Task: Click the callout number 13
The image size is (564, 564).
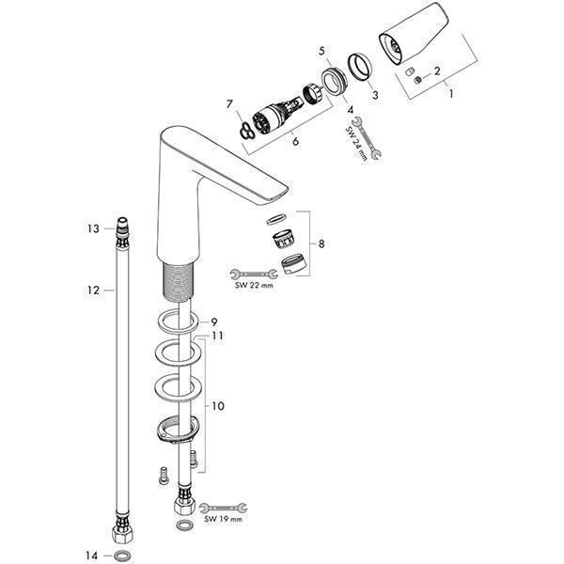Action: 93,228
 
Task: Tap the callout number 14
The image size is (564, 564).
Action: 92,556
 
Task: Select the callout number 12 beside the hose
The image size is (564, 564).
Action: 93,290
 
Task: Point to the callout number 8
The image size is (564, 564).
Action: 321,244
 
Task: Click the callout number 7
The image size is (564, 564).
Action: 230,104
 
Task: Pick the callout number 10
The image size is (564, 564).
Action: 218,406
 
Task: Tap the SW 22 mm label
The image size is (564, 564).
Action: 254,285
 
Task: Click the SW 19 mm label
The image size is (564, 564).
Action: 223,519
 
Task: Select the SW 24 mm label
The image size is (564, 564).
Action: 356,144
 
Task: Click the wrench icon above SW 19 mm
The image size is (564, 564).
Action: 224,508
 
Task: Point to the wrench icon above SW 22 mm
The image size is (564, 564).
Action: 254,274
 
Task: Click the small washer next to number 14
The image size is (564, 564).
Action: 122,556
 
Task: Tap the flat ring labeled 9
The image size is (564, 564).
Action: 178,321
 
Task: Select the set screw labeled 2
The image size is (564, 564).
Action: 417,80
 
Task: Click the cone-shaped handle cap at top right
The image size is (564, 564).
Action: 414,34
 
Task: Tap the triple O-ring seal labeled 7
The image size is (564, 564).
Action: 247,131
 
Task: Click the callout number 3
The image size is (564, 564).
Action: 375,95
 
